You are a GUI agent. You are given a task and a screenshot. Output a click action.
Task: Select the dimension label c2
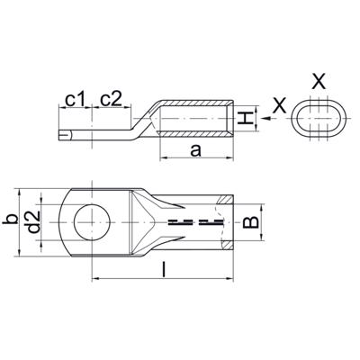click(112, 100)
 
